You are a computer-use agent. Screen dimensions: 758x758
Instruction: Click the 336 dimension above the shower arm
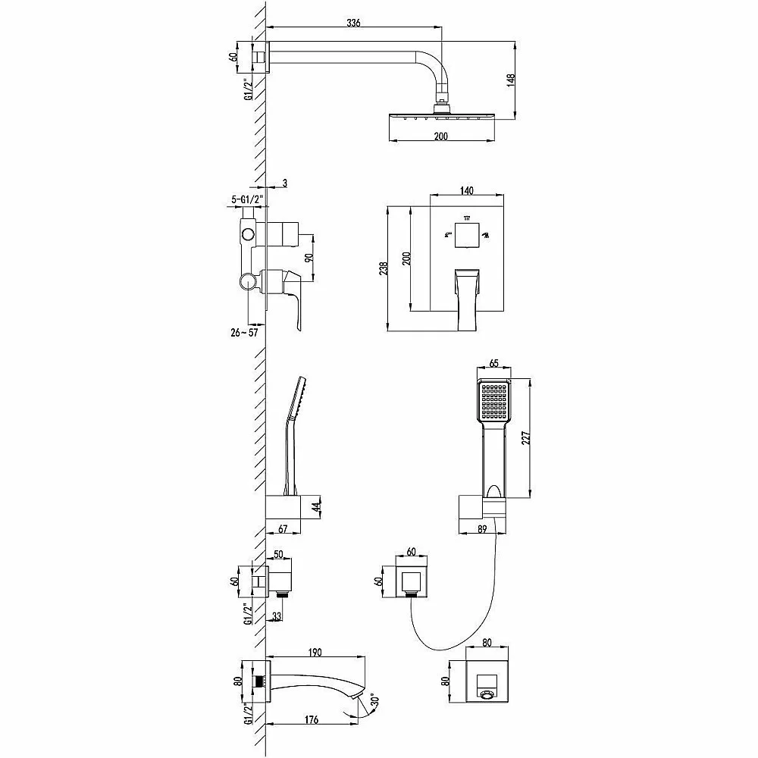coord(353,23)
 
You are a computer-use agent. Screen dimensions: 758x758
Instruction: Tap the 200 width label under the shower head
coord(441,136)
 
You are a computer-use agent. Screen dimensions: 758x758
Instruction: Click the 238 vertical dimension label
coord(384,268)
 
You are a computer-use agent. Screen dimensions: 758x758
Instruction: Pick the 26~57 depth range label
coord(244,333)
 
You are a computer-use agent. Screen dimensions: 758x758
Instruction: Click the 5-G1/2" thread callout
coord(247,198)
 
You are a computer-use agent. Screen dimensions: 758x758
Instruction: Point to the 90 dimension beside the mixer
coord(309,257)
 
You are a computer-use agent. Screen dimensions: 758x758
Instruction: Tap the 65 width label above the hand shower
coord(493,364)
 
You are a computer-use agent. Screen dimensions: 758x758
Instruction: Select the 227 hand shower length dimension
coord(526,437)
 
